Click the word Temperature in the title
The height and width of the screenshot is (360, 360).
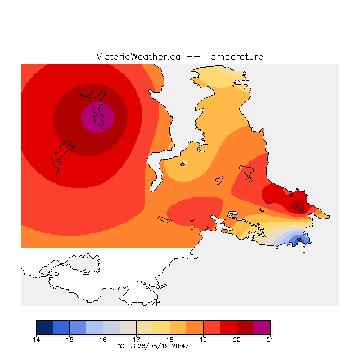(x=234, y=56)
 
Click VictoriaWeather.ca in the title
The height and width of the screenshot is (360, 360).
(x=138, y=56)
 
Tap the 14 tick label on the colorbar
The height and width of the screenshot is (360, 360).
(x=36, y=340)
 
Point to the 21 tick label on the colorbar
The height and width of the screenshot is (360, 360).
(x=270, y=340)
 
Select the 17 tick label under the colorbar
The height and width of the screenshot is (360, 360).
(x=136, y=340)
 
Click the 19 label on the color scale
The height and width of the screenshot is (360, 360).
(x=203, y=340)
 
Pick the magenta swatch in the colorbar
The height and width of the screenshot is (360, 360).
(x=262, y=327)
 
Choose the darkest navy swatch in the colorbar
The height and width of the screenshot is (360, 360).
(x=44, y=327)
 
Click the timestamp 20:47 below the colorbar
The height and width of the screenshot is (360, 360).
(x=180, y=346)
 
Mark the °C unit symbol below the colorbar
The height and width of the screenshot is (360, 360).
(x=121, y=346)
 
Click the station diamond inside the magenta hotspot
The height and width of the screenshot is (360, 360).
(x=102, y=116)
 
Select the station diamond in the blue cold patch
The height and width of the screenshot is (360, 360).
(x=299, y=238)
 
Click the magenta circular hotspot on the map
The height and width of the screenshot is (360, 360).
(x=97, y=118)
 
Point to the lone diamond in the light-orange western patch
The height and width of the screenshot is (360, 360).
(x=182, y=164)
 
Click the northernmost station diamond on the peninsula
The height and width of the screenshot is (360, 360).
(x=234, y=85)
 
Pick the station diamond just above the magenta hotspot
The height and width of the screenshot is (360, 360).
(x=90, y=93)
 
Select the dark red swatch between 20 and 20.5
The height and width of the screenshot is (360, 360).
(x=245, y=327)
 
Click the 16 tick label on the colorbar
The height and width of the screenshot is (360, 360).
(x=103, y=340)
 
